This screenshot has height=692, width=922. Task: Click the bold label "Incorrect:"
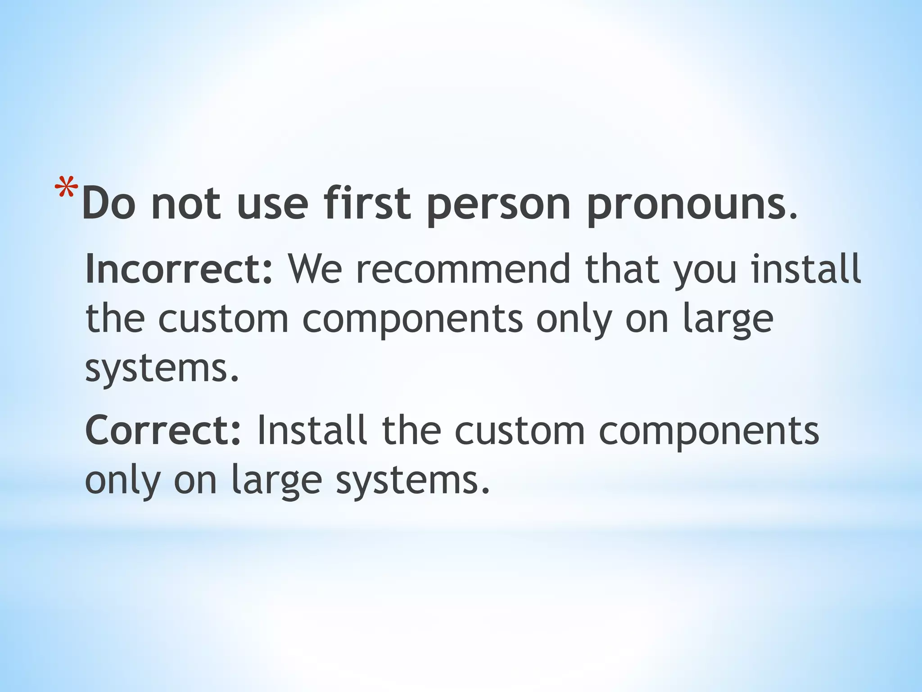pos(179,269)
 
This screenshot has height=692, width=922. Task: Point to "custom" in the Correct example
pos(520,431)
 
